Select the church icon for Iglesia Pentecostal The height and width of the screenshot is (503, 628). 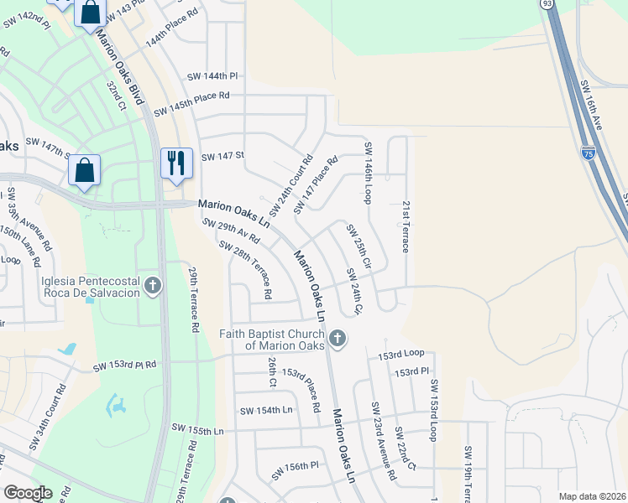coord(153,287)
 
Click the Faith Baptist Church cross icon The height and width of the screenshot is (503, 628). coord(337,339)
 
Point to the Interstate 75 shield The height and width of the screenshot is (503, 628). coord(588,153)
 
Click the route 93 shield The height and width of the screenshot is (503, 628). coord(548,4)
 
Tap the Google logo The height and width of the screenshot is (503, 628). coord(28,493)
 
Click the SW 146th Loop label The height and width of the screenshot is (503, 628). coord(368,173)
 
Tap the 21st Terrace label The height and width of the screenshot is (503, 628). coord(405,226)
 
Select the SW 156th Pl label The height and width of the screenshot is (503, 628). coord(296,469)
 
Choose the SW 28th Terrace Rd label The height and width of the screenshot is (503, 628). coord(244,270)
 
